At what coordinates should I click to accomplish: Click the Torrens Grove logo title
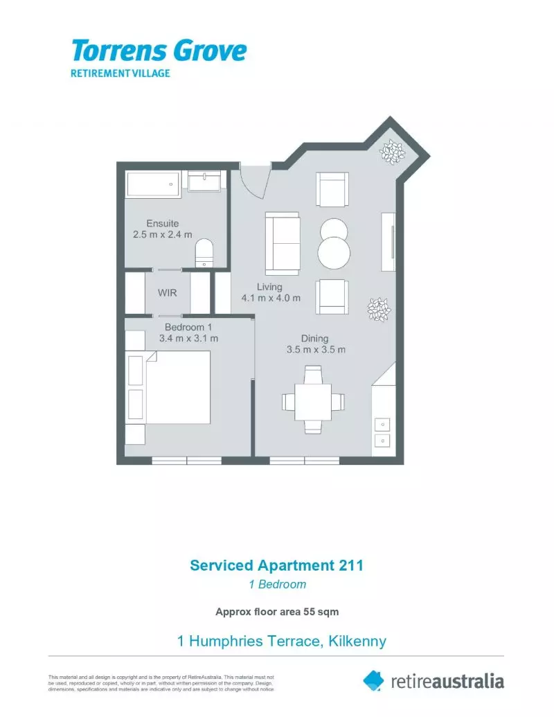[159, 51]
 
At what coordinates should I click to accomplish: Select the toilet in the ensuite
[205, 252]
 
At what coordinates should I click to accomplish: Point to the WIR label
[168, 293]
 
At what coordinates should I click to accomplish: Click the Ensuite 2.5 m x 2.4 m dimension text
[163, 235]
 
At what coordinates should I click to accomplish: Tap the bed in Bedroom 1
[177, 387]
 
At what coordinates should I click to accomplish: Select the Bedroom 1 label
[188, 327]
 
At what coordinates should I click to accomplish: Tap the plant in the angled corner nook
[393, 152]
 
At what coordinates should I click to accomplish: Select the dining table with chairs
[313, 400]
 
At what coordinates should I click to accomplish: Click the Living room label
[269, 287]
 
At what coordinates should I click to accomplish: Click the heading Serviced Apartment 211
[277, 565]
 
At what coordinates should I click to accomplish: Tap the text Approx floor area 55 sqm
[277, 612]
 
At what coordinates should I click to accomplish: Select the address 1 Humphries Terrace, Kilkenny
[282, 641]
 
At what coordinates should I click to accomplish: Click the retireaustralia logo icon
[373, 680]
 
